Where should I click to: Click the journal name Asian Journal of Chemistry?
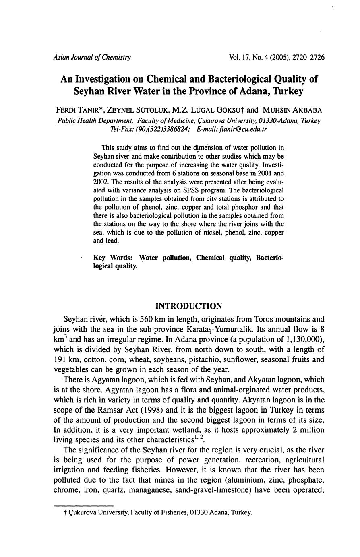point(92,58)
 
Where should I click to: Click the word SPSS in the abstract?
point(176,190)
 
